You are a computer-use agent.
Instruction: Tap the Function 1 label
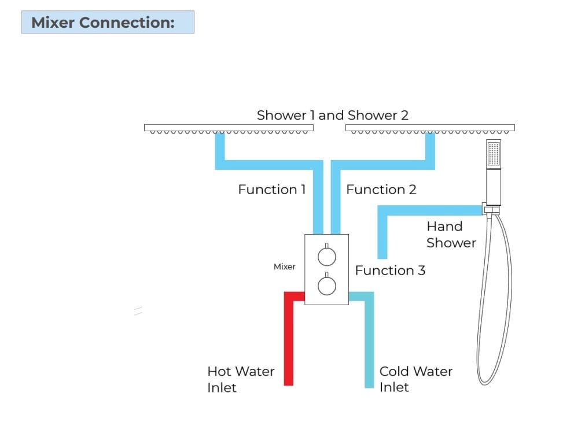click(x=271, y=190)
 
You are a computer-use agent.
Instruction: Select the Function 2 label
click(x=381, y=190)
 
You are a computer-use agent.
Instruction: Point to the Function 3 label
click(x=389, y=271)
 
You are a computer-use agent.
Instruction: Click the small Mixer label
click(x=284, y=266)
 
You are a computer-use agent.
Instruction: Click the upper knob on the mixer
click(x=326, y=256)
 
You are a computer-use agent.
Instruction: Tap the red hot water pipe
click(x=289, y=341)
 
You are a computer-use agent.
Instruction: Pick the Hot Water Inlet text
click(x=240, y=379)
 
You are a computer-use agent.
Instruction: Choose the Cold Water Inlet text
click(x=415, y=379)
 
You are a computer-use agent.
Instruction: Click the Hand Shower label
click(x=450, y=235)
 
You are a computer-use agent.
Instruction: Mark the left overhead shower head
click(x=229, y=128)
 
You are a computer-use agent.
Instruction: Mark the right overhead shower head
click(x=430, y=128)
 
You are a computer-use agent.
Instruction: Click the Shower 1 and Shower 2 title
click(x=332, y=115)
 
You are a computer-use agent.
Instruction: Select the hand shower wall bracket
click(x=491, y=209)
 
